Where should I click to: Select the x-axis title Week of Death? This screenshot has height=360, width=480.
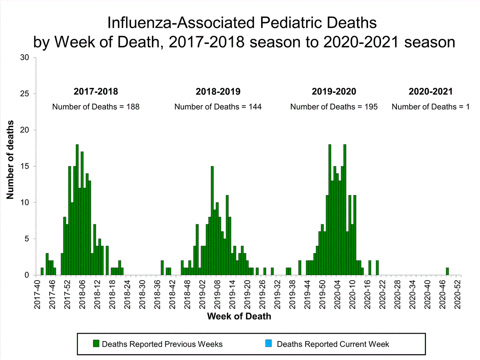coord(239,316)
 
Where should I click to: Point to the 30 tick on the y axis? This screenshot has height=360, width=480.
coord(25,58)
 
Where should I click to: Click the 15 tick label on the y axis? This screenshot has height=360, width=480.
coord(25,166)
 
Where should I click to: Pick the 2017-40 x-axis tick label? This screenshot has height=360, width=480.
coord(37,294)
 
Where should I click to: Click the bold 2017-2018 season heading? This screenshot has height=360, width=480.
coord(96,91)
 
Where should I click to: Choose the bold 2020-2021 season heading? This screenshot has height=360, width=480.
coord(431,91)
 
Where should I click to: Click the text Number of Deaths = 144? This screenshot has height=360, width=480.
coord(218,107)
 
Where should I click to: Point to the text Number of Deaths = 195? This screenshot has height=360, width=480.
coord(334,107)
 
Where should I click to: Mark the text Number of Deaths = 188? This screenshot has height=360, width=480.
coord(96,107)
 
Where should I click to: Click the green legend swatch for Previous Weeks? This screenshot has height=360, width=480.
coord(96,344)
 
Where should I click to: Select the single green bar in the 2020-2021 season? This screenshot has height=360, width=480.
coord(447,271)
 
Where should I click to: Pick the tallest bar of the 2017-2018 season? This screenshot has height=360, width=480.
coord(77,210)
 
